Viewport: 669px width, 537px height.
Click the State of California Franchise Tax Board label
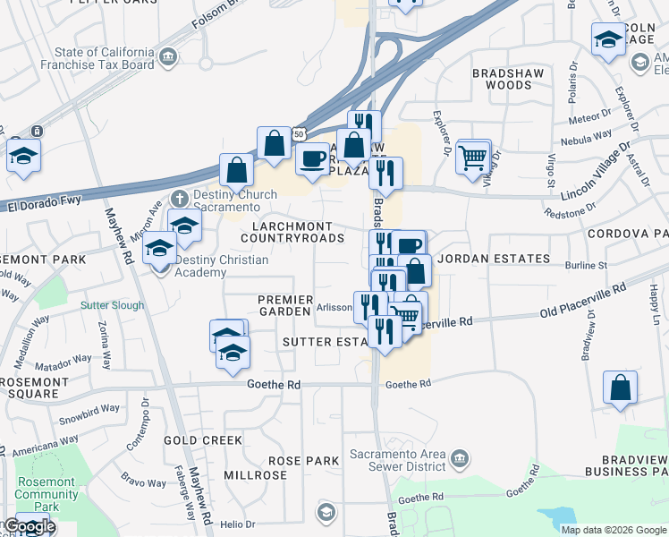pyautogui.click(x=105, y=59)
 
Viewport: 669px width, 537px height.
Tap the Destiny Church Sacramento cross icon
pyautogui.click(x=180, y=197)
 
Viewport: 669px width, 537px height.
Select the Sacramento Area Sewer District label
pyautogui.click(x=397, y=459)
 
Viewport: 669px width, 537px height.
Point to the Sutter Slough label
pyautogui.click(x=112, y=305)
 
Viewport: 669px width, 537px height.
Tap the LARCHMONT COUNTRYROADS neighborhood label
pyautogui.click(x=292, y=233)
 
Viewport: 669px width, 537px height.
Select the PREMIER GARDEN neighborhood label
pyautogui.click(x=285, y=305)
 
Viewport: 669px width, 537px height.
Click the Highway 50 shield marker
pyautogui.click(x=299, y=133)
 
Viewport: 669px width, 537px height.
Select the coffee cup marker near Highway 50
pyautogui.click(x=312, y=158)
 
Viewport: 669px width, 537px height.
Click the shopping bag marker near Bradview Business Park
pyautogui.click(x=620, y=388)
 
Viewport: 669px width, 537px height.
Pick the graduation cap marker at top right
pyautogui.click(x=608, y=40)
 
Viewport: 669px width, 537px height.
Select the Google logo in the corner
pyautogui.click(x=29, y=527)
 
